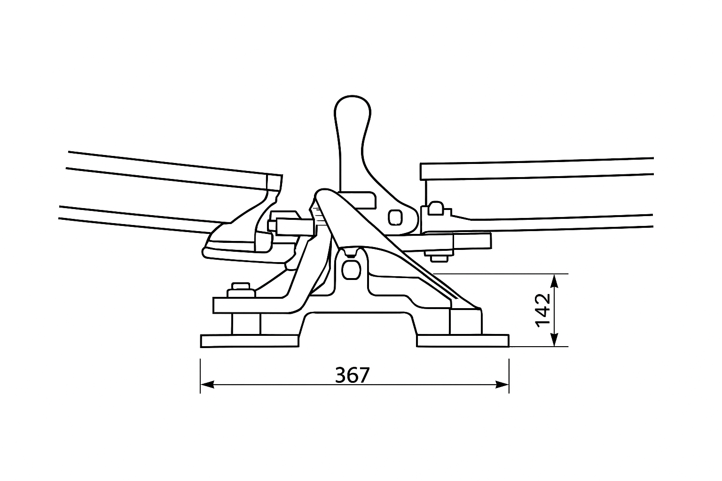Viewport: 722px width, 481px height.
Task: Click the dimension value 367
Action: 353,375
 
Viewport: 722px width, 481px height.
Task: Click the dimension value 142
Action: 542,310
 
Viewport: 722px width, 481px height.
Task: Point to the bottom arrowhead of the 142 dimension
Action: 554,341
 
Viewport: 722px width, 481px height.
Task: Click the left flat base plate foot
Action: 250,341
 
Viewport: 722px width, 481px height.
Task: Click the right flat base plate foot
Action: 463,341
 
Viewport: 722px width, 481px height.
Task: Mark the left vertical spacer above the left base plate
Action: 246,324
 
